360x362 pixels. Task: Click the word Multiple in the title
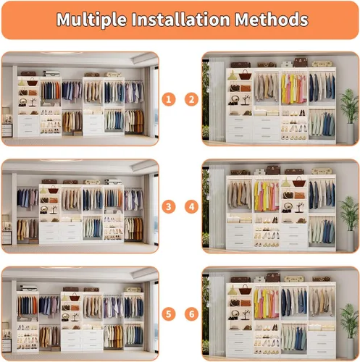(x=91, y=20)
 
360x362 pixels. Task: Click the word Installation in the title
(x=180, y=20)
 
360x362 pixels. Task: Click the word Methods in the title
(x=272, y=20)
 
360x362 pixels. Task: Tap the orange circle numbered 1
(x=169, y=99)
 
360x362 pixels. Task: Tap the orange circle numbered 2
(x=191, y=99)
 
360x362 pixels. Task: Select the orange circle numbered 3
(x=169, y=207)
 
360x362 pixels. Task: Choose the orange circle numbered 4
(x=191, y=207)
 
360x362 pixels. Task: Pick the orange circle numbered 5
(x=169, y=314)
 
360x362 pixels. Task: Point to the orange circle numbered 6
(x=191, y=314)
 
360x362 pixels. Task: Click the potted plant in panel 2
(x=350, y=116)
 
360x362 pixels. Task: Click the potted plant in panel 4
(x=350, y=223)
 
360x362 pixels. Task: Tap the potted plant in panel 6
(x=350, y=331)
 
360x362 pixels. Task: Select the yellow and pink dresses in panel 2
(x=293, y=88)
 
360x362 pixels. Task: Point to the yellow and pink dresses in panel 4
(x=266, y=196)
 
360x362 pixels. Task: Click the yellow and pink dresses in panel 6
(x=266, y=303)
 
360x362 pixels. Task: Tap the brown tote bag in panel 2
(x=245, y=75)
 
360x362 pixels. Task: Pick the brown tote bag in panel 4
(x=299, y=182)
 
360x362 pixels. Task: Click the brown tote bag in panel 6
(x=245, y=290)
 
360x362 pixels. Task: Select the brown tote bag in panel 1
(x=33, y=82)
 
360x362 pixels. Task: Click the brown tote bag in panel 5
(x=75, y=298)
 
